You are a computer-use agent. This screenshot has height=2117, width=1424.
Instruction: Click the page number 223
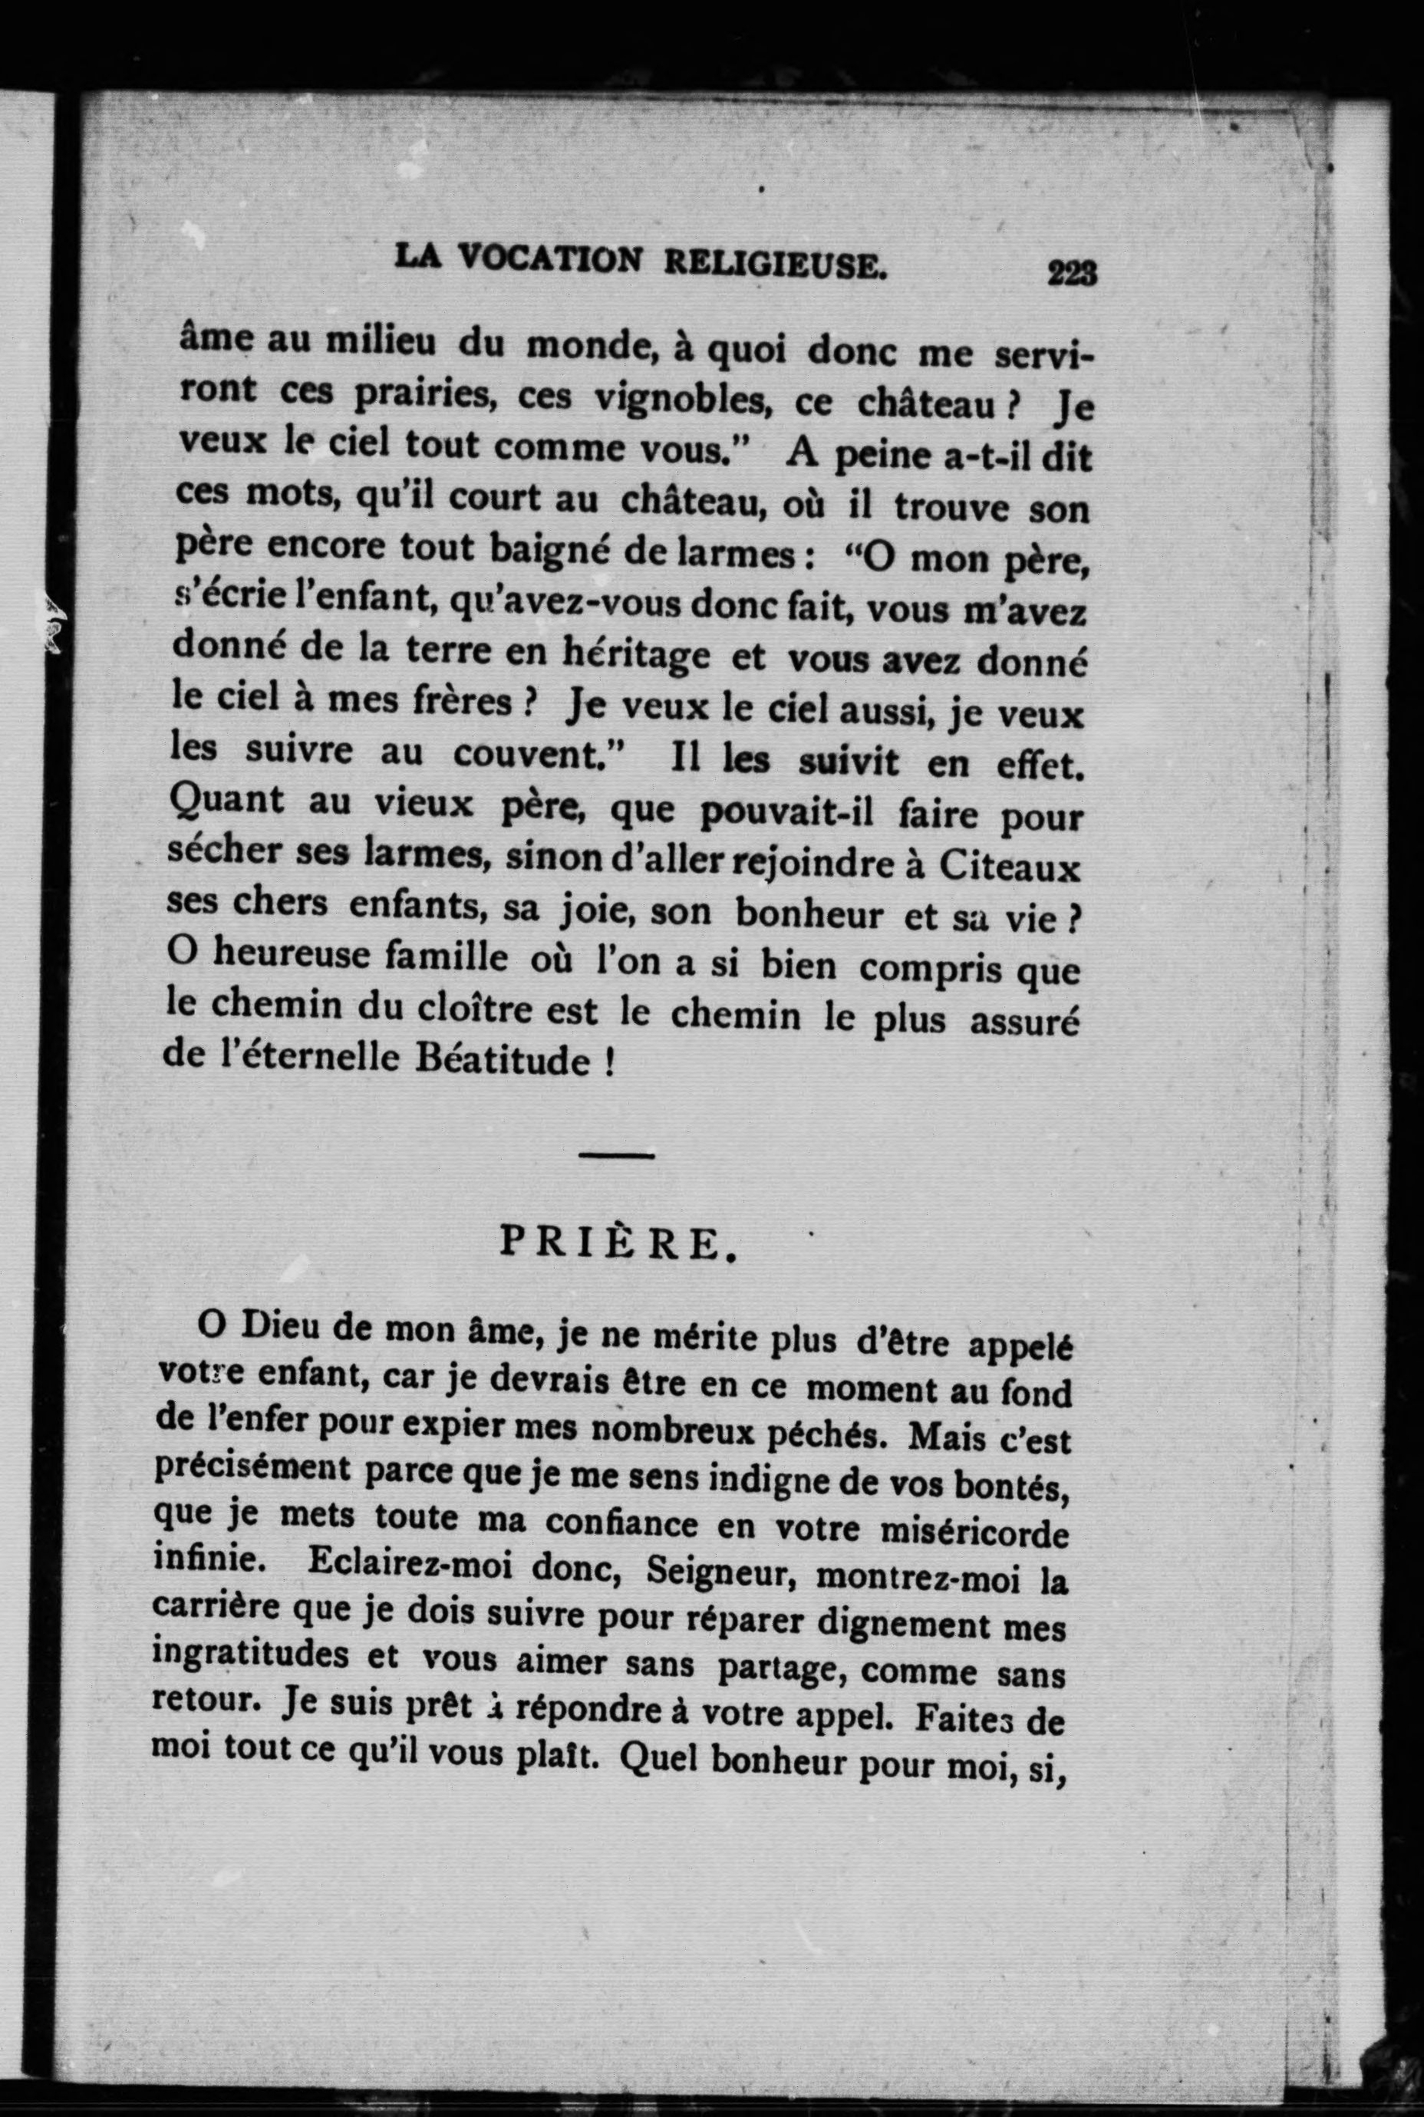click(x=1073, y=272)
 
